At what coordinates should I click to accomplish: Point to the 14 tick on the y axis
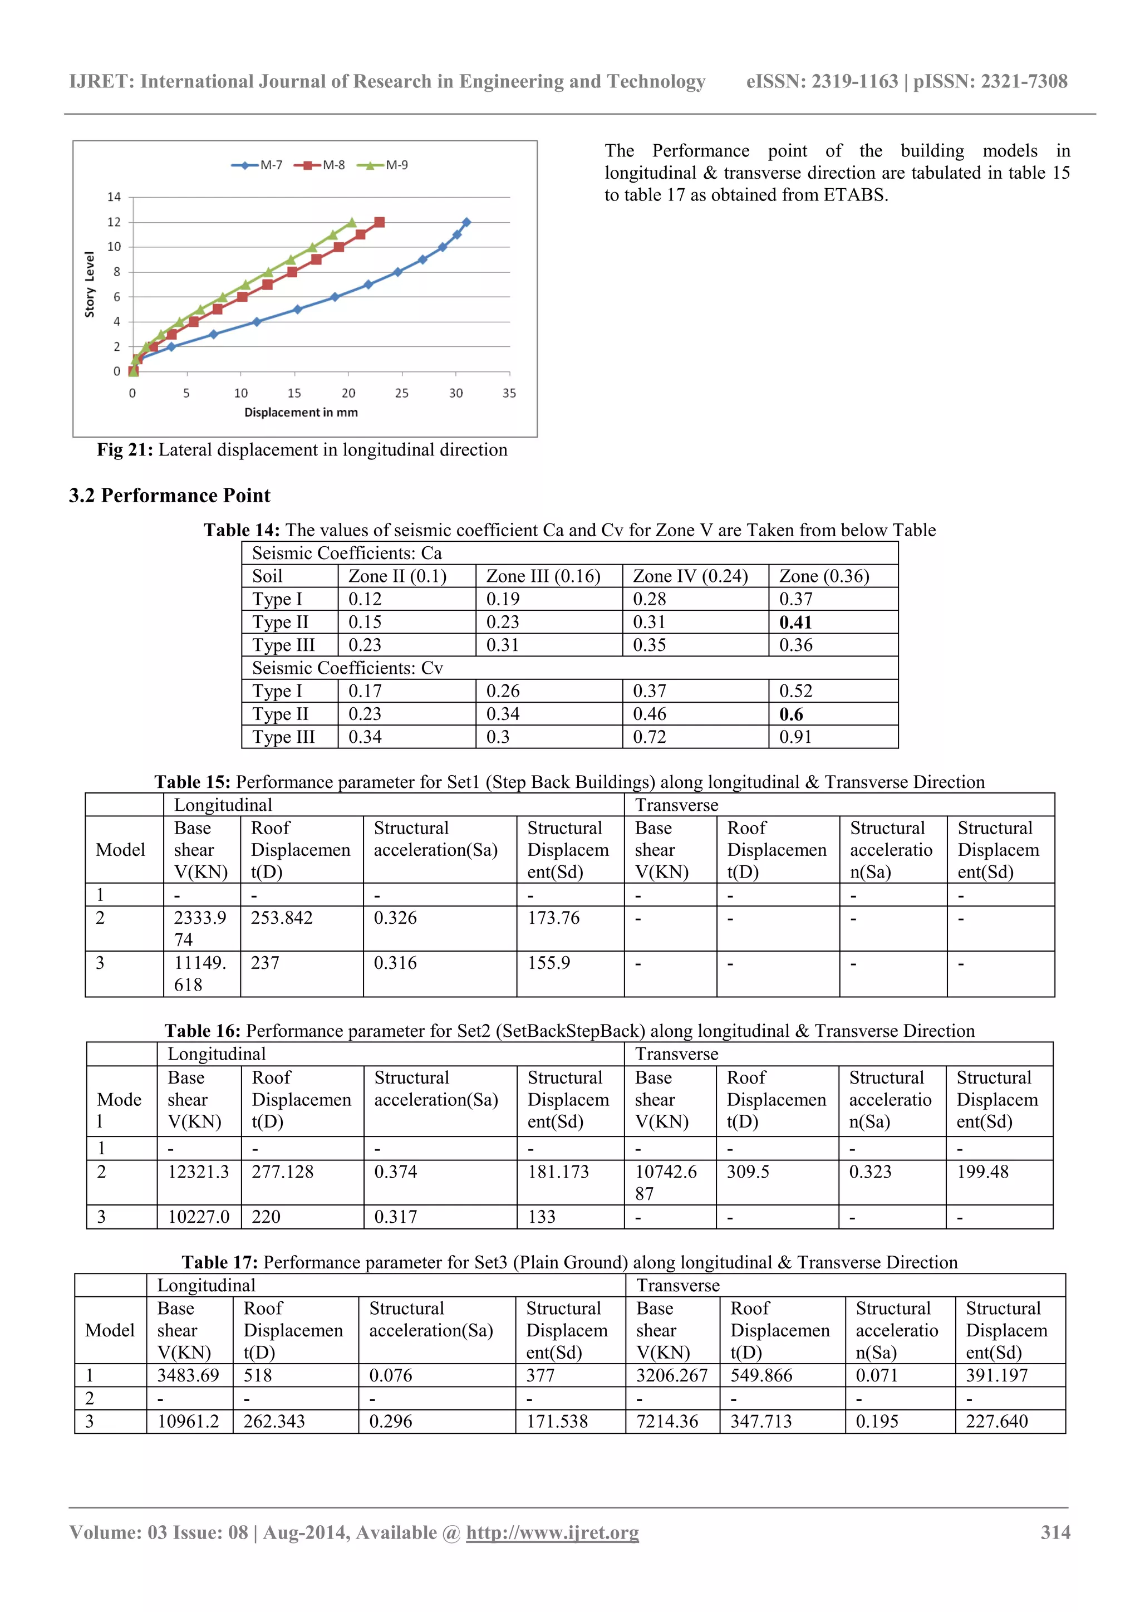(x=114, y=197)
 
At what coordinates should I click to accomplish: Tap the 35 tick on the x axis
(x=509, y=393)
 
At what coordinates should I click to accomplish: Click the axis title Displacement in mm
(x=301, y=413)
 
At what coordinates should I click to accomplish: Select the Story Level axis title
(x=89, y=285)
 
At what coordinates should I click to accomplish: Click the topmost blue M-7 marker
(x=466, y=223)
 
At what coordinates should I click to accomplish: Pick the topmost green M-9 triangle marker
(x=352, y=223)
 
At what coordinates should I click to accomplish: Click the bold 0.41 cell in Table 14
(x=795, y=622)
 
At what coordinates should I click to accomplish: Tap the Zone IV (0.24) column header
(x=690, y=576)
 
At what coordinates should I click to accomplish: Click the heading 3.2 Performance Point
(x=169, y=496)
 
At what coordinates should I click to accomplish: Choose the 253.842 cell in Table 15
(x=282, y=918)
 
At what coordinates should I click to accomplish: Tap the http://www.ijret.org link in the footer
(x=552, y=1533)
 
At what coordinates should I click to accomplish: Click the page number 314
(x=1054, y=1533)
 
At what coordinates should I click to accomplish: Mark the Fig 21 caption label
(x=125, y=450)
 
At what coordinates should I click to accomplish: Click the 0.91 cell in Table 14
(x=795, y=737)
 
